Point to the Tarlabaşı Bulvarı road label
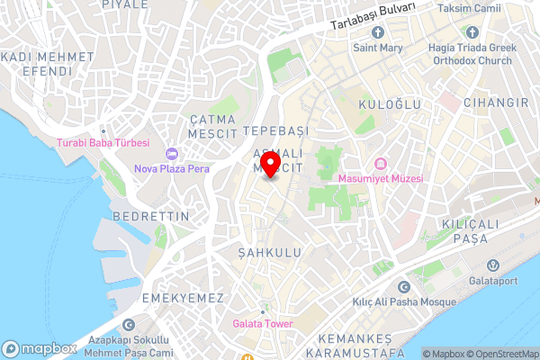(373, 18)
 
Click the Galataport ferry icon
(493, 265)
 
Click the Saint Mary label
(377, 48)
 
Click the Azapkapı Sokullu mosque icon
(129, 326)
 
